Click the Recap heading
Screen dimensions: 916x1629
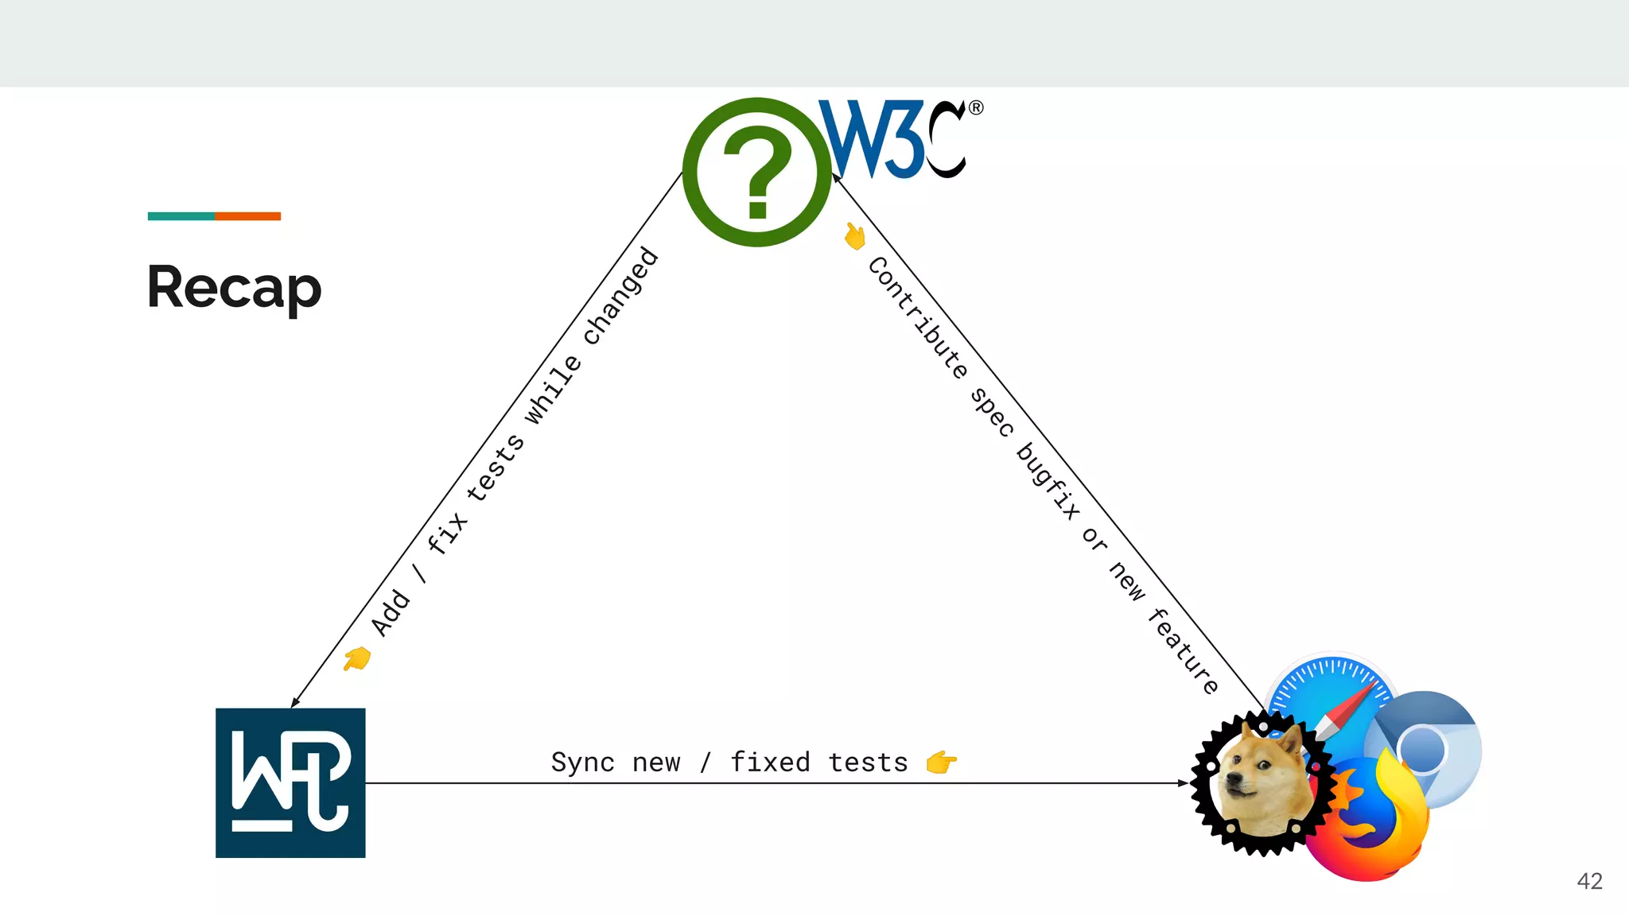235,287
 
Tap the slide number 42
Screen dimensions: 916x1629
1589,881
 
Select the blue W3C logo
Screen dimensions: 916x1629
891,139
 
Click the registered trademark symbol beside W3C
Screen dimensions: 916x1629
976,107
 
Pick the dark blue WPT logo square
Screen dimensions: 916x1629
290,782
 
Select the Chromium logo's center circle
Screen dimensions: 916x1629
1422,749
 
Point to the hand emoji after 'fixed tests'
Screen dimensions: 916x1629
942,763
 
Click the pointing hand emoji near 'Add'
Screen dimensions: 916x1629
357,658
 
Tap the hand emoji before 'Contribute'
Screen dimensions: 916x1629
855,236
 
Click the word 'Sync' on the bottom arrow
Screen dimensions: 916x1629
582,763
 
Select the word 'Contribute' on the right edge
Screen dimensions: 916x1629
917,317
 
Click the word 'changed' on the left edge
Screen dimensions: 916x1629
621,296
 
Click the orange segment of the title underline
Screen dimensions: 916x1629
247,216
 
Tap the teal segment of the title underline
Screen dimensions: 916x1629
181,216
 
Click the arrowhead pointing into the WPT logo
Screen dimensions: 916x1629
295,702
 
